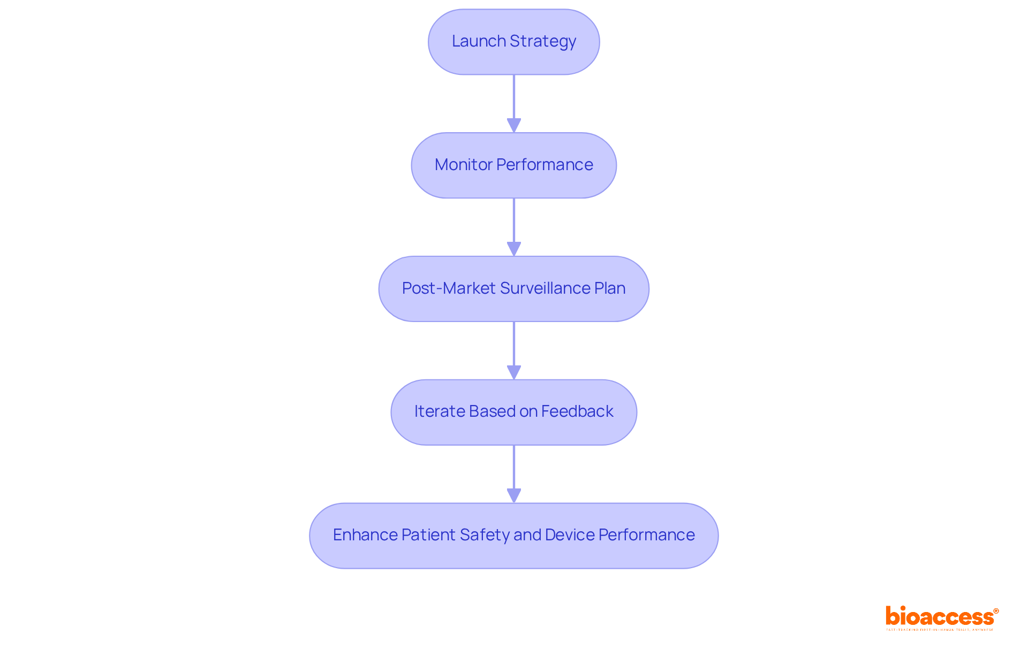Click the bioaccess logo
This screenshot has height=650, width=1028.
(941, 616)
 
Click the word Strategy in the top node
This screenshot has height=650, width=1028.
(542, 41)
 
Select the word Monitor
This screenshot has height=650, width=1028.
(456, 165)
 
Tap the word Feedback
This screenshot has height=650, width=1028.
(577, 411)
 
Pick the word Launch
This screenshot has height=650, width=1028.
(479, 41)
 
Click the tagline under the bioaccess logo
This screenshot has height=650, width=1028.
(940, 630)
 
